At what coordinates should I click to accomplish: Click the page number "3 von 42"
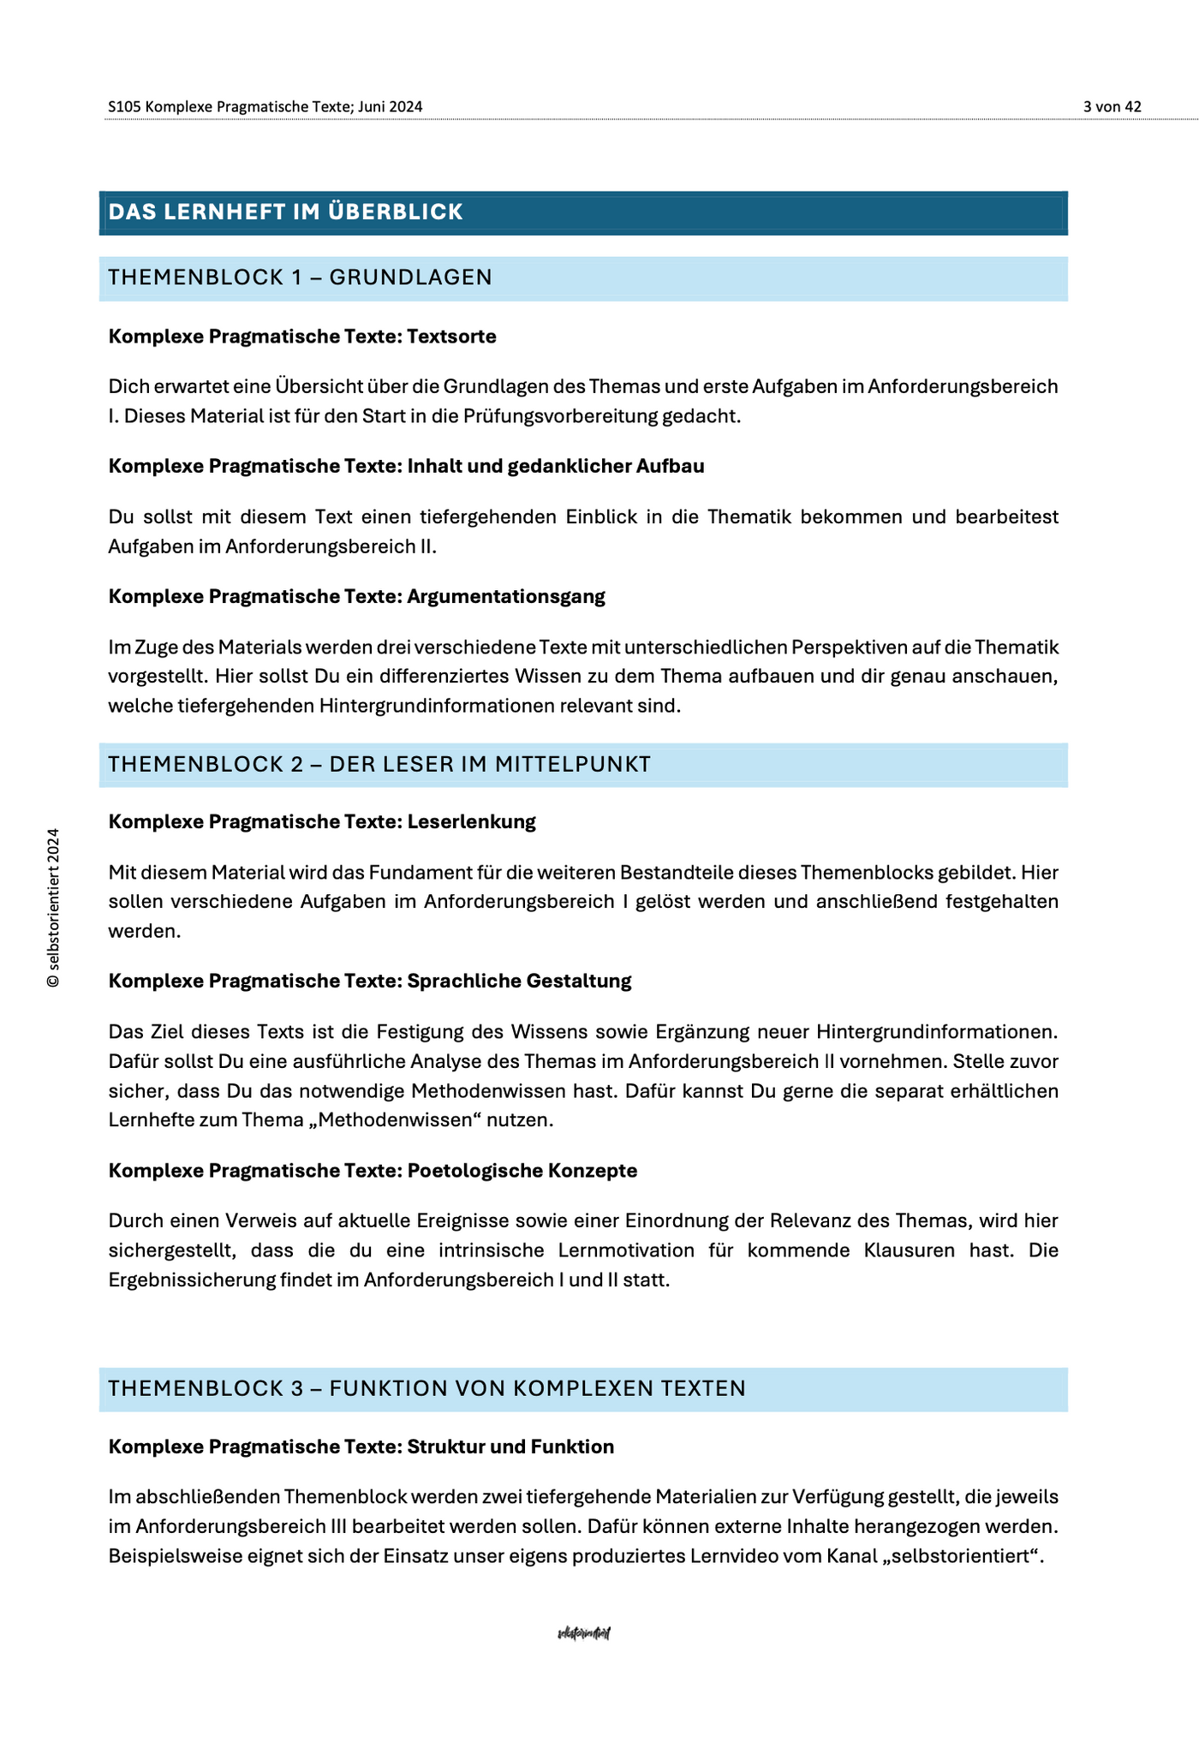(x=1112, y=106)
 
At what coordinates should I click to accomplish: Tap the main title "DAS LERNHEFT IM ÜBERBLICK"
(x=286, y=212)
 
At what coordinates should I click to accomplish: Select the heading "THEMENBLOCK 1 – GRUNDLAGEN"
(x=301, y=277)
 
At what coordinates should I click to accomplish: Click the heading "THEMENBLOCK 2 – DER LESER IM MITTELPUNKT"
(x=379, y=764)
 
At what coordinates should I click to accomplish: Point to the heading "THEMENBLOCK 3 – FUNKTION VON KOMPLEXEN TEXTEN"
(x=427, y=1388)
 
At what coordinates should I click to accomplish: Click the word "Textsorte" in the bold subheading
(x=452, y=337)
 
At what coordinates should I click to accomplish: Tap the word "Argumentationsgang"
(x=506, y=596)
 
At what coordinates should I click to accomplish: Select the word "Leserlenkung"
(x=472, y=821)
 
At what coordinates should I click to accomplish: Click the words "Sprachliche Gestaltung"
(x=519, y=981)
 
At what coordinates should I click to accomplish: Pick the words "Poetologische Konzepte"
(x=522, y=1170)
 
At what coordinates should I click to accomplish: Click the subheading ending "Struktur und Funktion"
(x=510, y=1447)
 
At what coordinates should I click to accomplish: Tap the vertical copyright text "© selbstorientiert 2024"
(x=53, y=908)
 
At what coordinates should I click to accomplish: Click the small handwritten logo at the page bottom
(x=583, y=1633)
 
